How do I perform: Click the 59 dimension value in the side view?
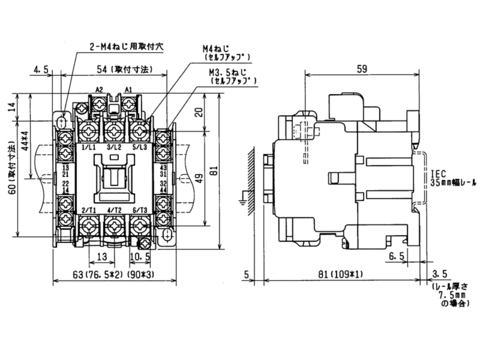pos(362,69)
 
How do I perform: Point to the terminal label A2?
pos(100,90)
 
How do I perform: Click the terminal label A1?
pos(128,90)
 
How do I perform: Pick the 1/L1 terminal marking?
pos(88,146)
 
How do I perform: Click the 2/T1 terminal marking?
pos(88,209)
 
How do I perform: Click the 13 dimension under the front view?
pos(101,256)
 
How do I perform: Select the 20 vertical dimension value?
pos(199,112)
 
